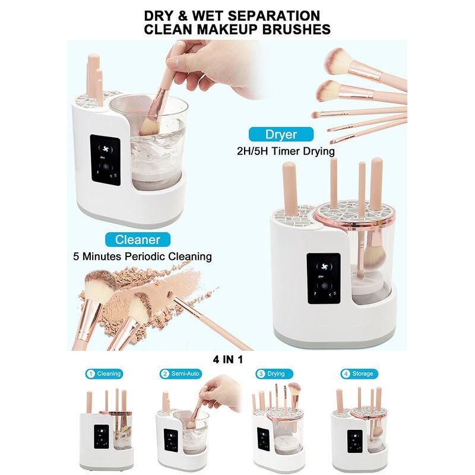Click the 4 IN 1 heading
(x=236, y=359)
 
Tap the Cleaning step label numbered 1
(x=104, y=374)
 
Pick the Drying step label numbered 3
(x=271, y=374)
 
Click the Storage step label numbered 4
(x=357, y=374)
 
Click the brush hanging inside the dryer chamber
(x=372, y=256)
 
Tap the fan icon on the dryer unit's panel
(x=324, y=265)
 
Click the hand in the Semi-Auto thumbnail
(x=220, y=394)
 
